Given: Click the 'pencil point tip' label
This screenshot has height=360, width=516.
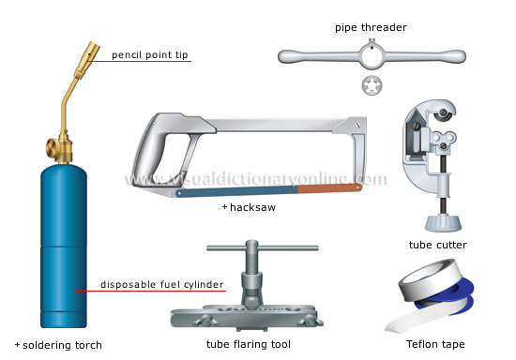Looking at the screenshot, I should [x=150, y=55].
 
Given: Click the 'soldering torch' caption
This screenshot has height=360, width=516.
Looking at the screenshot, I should [x=62, y=345].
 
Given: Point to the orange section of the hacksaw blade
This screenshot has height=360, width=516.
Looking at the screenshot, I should [x=328, y=188].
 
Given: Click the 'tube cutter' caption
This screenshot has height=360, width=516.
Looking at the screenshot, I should [x=437, y=245].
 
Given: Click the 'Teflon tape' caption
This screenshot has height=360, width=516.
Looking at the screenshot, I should [x=437, y=344].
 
